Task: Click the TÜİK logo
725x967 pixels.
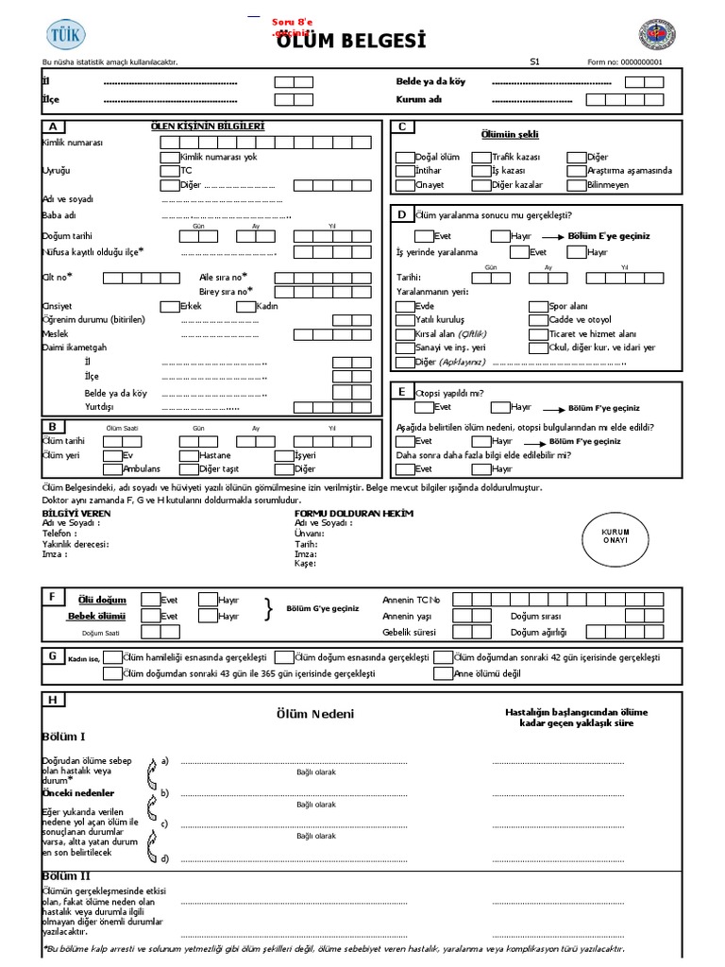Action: (64, 34)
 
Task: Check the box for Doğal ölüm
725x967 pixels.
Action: (404, 157)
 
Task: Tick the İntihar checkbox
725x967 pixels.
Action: (404, 171)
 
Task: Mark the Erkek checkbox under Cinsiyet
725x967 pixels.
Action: (169, 306)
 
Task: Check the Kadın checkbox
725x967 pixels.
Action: (244, 306)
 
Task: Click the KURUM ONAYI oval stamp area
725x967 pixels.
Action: (615, 537)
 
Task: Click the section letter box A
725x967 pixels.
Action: (53, 127)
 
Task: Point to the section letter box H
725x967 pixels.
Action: (53, 700)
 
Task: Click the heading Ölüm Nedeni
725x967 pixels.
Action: (314, 714)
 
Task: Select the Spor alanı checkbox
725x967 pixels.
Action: (537, 307)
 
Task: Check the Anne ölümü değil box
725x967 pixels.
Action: (443, 673)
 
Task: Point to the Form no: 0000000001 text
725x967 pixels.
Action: (624, 61)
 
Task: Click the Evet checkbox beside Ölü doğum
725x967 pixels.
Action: (150, 599)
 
